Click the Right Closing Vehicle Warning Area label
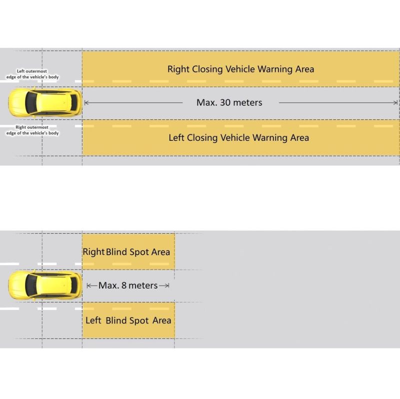pos(240,69)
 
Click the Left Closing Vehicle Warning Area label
pos(239,138)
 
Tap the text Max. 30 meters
pos(229,102)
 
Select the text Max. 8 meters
pos(128,285)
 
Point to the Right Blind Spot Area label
pos(126,252)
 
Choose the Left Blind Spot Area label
pos(128,320)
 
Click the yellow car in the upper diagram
pos(45,102)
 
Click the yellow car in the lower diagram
pos(45,285)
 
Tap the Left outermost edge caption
pos(32,74)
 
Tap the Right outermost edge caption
pos(32,130)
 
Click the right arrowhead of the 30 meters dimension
pos(396,103)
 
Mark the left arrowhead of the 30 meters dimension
pos(86,103)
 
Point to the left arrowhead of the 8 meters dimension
pos(88,286)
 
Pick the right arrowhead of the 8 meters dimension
pos(167,286)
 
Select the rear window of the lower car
pos(74,285)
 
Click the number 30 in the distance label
pos(225,102)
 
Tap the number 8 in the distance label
pos(124,285)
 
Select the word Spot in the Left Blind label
pos(139,321)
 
